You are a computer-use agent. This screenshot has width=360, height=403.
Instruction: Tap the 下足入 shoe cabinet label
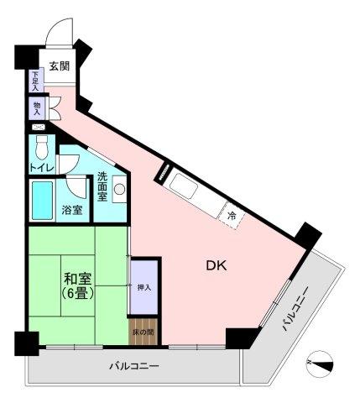36,81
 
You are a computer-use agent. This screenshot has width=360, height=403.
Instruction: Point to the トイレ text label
43,167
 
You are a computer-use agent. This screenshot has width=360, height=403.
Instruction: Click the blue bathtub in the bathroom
44,200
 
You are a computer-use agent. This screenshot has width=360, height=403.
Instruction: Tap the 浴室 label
72,210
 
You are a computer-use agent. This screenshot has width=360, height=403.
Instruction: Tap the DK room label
217,266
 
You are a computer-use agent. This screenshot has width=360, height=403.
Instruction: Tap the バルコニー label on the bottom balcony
134,367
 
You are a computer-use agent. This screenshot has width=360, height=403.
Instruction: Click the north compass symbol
321,362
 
